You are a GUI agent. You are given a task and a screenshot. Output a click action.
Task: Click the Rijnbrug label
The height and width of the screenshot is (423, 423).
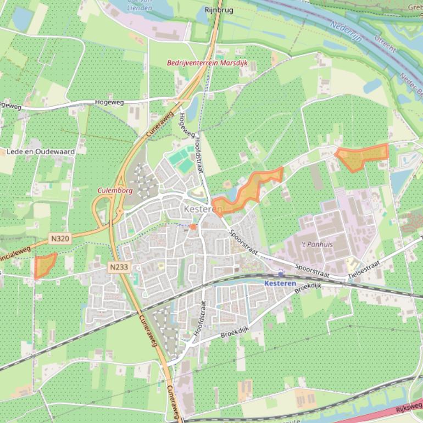point(219,9)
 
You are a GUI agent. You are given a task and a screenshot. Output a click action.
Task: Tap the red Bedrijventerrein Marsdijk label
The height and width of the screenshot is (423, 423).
point(208,63)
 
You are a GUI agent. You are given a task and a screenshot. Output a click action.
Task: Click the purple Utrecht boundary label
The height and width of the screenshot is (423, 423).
point(385,42)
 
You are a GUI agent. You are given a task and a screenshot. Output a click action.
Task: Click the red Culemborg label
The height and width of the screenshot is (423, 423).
point(115,190)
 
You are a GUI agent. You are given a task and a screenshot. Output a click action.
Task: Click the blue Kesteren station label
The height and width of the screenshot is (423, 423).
point(280,283)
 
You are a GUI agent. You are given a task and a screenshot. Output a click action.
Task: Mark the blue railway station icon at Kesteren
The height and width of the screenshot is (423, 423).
point(281,274)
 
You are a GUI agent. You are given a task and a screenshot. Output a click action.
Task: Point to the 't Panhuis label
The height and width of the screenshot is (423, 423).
point(317,244)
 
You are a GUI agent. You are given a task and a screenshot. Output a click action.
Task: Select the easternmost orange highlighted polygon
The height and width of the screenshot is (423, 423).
point(361,156)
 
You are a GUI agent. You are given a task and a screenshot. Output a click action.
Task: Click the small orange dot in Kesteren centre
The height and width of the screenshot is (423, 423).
point(193,226)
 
